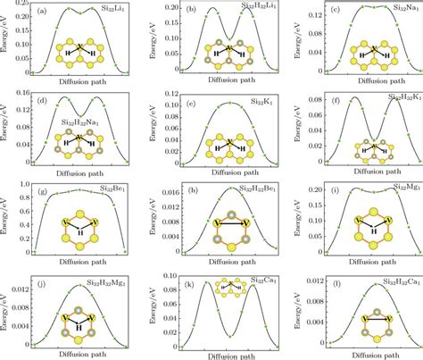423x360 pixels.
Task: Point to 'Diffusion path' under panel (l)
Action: (367, 353)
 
